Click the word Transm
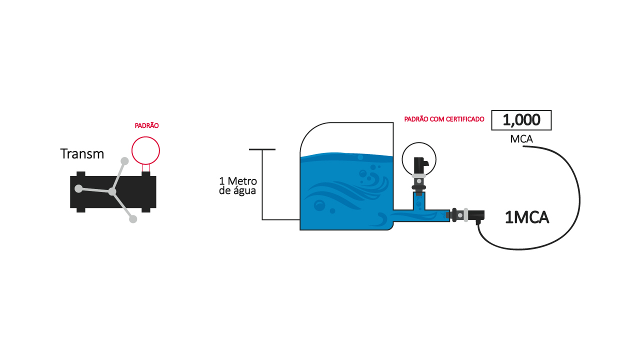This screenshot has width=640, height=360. [82, 153]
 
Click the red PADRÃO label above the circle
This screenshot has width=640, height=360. [146, 125]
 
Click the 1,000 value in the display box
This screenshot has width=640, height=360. [521, 119]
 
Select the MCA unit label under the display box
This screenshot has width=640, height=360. [521, 139]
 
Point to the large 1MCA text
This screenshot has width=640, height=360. [527, 217]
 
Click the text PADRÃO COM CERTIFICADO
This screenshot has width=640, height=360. [444, 119]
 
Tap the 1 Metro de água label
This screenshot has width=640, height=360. [237, 186]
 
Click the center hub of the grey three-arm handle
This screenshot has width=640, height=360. [112, 191]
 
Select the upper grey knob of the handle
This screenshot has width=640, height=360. [124, 161]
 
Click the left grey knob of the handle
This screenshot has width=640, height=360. [78, 188]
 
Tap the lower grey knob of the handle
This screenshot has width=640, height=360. [133, 219]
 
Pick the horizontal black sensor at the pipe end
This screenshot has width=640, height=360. [465, 215]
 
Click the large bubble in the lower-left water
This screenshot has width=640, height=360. [319, 205]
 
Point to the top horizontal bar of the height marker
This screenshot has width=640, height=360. [262, 149]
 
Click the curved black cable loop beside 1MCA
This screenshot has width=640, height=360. [579, 200]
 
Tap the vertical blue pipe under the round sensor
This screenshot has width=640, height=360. [419, 201]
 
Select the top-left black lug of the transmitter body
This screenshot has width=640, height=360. [81, 174]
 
